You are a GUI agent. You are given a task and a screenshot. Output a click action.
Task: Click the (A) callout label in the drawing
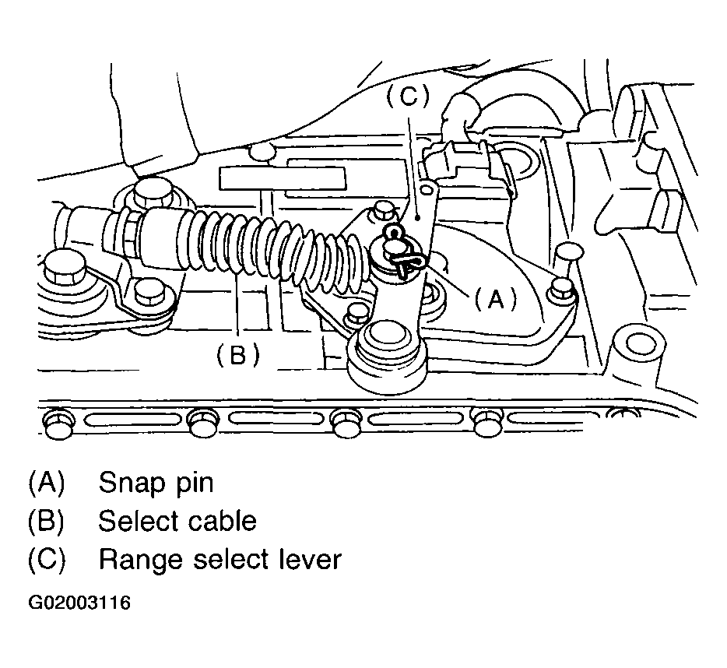tap(495, 298)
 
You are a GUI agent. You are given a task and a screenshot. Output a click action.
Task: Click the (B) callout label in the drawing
tap(238, 355)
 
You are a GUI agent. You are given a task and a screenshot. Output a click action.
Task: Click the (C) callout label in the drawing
tap(408, 97)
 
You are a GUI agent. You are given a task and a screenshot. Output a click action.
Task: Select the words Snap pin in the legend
tap(156, 483)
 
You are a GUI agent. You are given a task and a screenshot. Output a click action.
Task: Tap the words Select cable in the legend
tap(177, 520)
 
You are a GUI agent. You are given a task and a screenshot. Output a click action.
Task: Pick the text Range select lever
tap(220, 558)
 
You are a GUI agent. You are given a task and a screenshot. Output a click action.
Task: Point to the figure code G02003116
tap(79, 603)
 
